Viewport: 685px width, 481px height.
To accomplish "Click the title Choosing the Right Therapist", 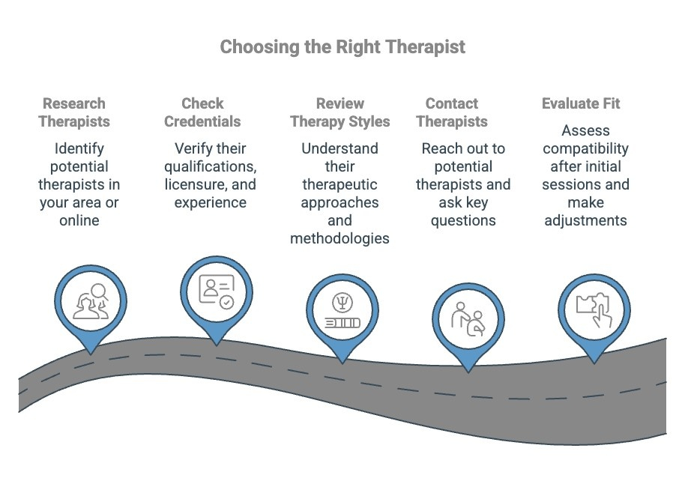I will pos(342,46).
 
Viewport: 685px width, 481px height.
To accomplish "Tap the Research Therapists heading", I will pos(74,112).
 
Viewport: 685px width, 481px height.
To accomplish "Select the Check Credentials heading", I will pos(202,112).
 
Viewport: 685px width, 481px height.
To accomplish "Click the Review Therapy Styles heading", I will pos(340,112).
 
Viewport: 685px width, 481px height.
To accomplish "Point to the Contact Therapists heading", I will pos(452,112).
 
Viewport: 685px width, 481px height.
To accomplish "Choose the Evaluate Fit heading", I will pos(581,103).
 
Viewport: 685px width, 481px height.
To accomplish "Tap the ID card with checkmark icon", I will pos(217,291).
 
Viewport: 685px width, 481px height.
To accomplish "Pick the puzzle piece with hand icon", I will pos(594,309).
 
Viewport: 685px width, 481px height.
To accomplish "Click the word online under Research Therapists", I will pos(79,220).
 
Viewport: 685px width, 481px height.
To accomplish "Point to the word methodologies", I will pos(340,238).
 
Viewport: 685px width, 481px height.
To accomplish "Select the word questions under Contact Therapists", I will pos(462,220).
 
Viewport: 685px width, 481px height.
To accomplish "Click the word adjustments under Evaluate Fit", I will pos(585,220).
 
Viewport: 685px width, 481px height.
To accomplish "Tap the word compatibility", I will pos(585,148).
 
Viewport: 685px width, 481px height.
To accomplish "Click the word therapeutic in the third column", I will pos(340,184).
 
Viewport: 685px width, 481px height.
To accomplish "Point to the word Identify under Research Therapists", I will pos(79,148).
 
